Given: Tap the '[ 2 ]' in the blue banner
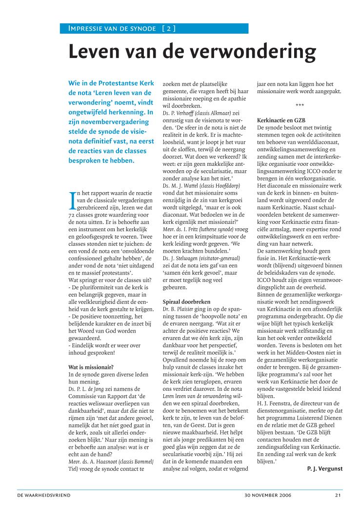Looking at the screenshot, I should [x=169, y=28].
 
